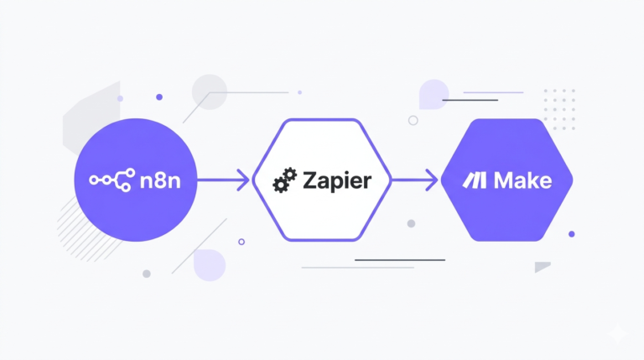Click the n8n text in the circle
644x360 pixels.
click(x=160, y=180)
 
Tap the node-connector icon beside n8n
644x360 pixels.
click(x=112, y=180)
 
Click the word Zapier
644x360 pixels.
click(x=337, y=180)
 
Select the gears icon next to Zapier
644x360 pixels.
click(x=284, y=180)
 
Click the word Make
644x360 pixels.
click(x=523, y=180)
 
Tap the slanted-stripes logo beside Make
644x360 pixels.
click(x=475, y=180)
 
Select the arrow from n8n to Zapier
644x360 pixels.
click(x=223, y=180)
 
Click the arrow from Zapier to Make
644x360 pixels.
click(x=415, y=180)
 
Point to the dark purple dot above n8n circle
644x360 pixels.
click(x=159, y=97)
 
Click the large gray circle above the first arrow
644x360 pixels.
click(x=210, y=92)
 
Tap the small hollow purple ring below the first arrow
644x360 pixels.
click(x=241, y=242)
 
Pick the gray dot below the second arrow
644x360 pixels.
click(x=411, y=223)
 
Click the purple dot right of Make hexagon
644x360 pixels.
click(x=572, y=234)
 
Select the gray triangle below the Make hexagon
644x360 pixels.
click(x=541, y=267)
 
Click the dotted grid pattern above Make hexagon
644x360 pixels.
click(x=559, y=109)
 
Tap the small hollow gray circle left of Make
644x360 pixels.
click(x=413, y=120)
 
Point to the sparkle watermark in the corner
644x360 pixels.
click(x=618, y=333)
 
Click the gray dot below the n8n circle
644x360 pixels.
click(x=147, y=274)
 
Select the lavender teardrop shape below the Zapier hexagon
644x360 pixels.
click(x=210, y=265)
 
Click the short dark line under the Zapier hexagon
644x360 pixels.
click(x=400, y=260)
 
